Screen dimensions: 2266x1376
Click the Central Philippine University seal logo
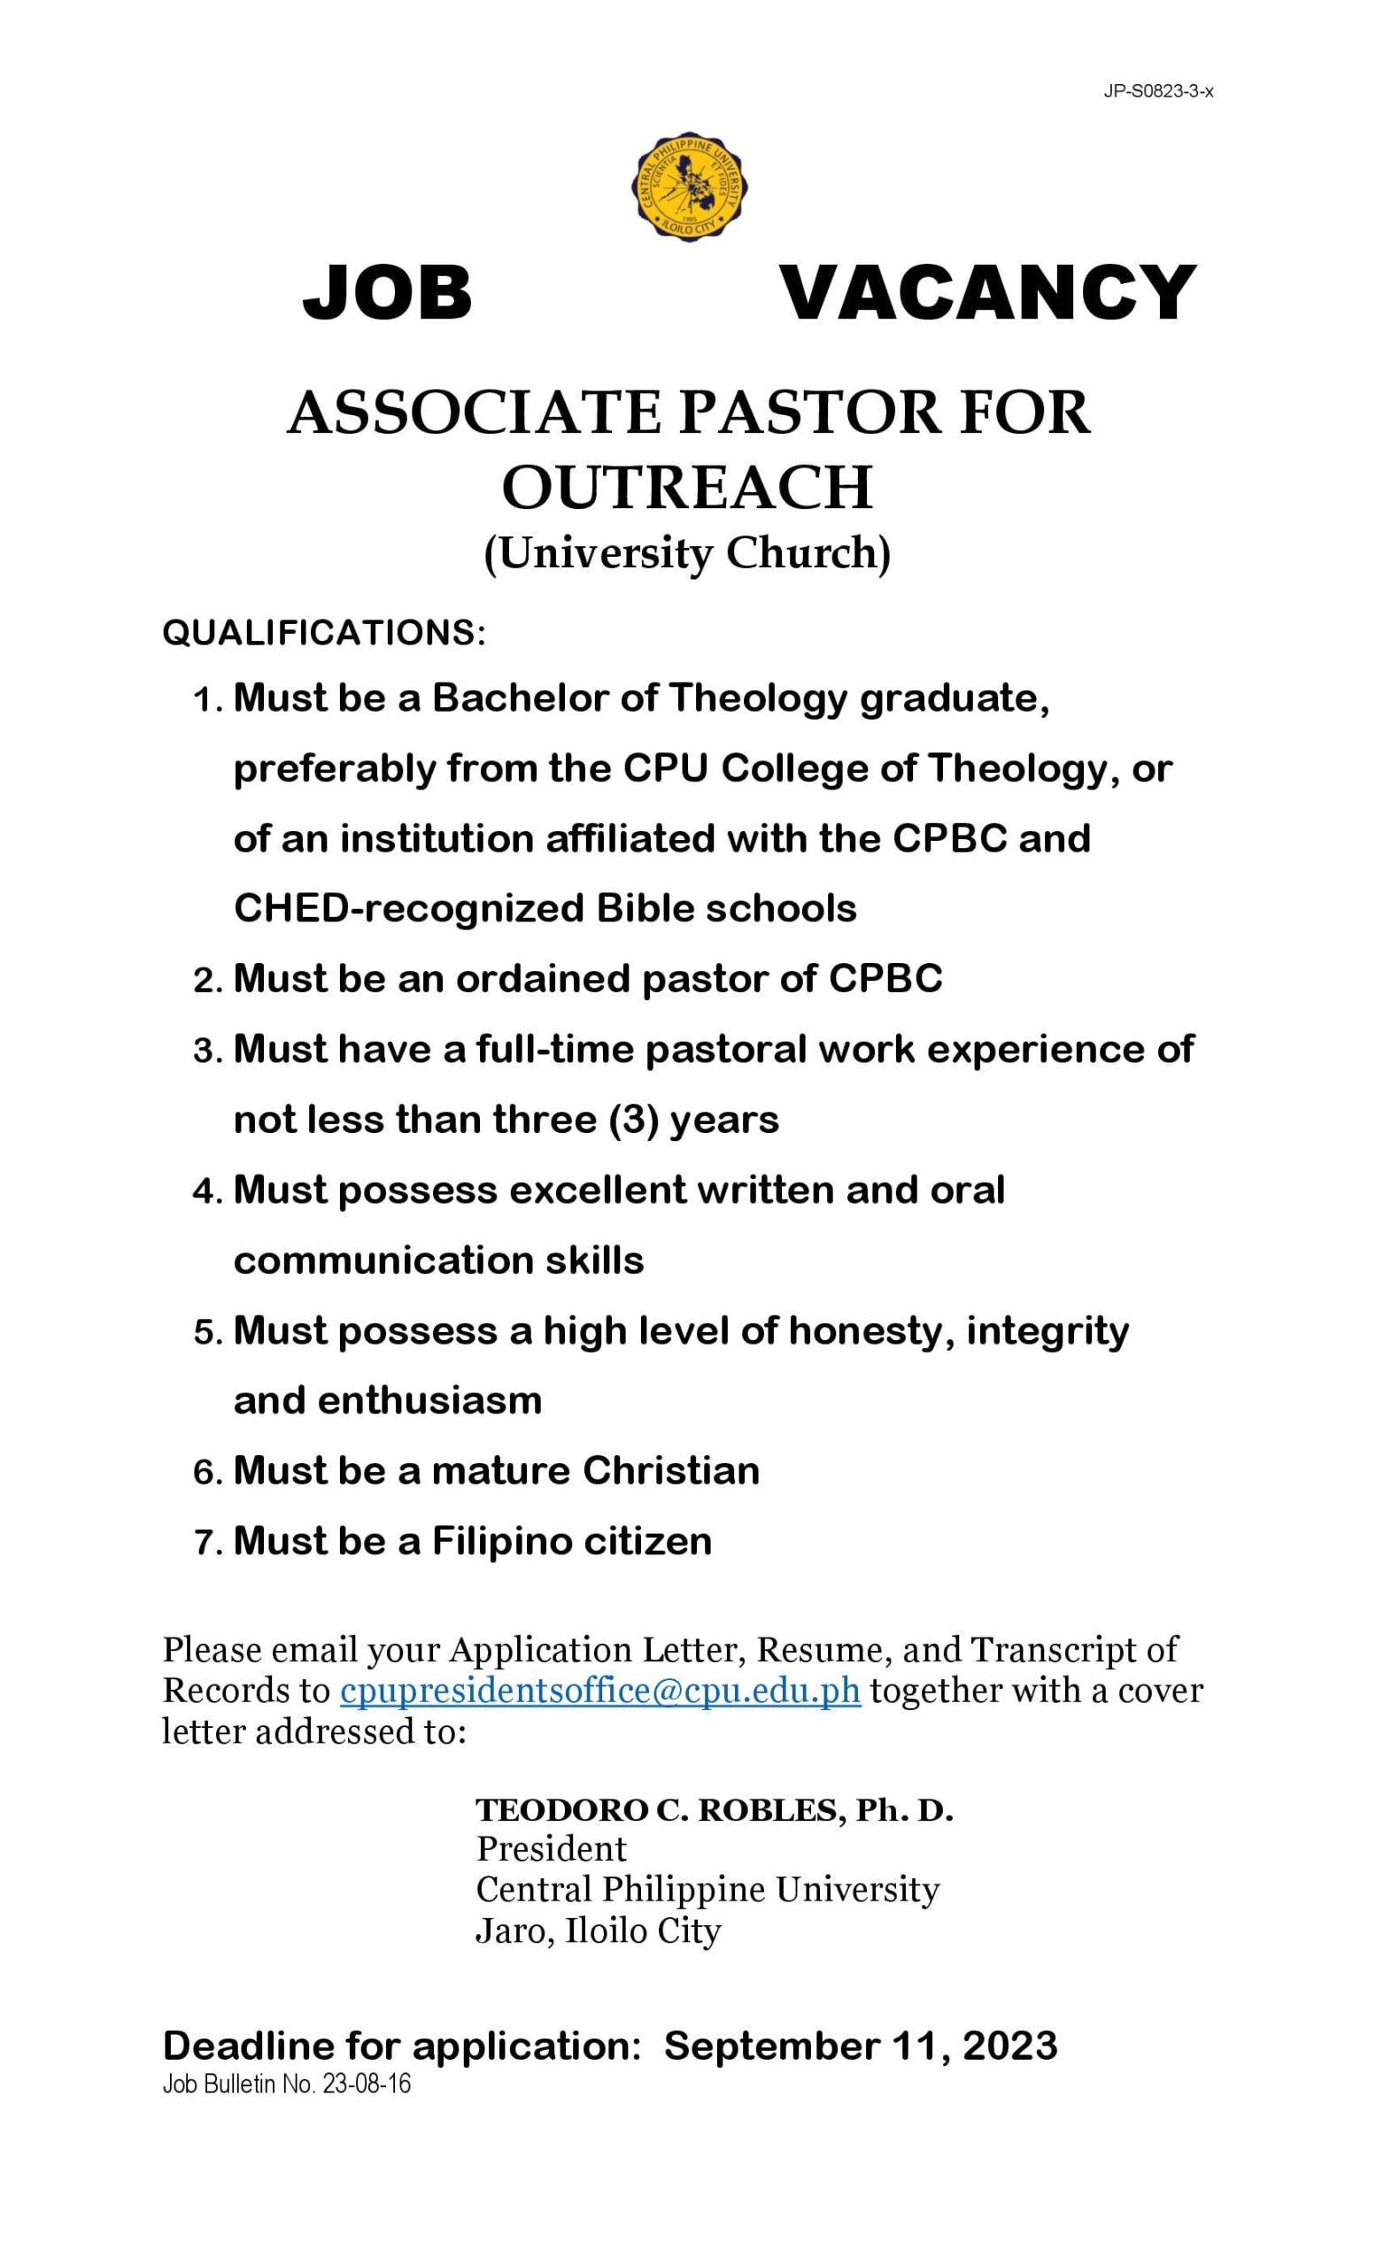[x=689, y=188]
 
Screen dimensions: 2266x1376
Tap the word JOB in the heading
[x=387, y=292]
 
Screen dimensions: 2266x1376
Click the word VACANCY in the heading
[x=988, y=292]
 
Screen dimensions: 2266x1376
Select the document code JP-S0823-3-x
[x=1158, y=92]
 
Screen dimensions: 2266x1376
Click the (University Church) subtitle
[x=687, y=553]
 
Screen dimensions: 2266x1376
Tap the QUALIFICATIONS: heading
[x=324, y=633]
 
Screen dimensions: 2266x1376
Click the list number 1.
[x=206, y=701]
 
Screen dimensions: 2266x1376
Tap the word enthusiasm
[x=429, y=1400]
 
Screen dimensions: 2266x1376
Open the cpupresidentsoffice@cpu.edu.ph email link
[x=599, y=1692]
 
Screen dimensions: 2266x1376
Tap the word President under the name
[x=551, y=1848]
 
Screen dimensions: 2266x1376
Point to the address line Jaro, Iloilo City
[x=598, y=1930]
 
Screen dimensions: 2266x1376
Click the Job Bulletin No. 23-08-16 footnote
[x=286, y=2084]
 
